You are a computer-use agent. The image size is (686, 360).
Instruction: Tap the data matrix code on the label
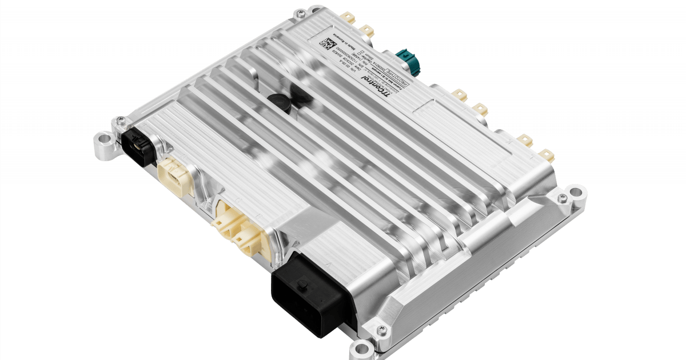326,44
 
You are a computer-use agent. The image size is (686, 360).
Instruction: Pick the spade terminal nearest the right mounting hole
545,154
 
